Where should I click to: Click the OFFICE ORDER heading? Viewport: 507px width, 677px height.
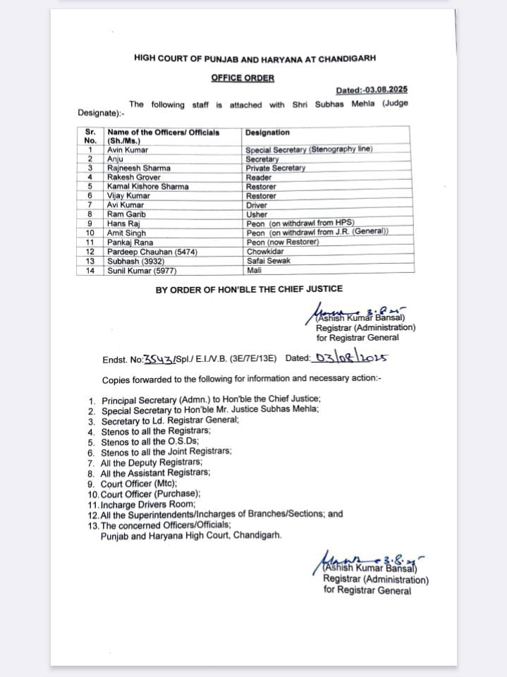coord(243,78)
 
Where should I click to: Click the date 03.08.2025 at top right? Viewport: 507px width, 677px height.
coord(372,90)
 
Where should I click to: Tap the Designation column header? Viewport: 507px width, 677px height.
coord(267,132)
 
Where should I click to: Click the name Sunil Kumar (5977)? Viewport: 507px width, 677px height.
coord(141,269)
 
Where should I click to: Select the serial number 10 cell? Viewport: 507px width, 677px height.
coord(90,232)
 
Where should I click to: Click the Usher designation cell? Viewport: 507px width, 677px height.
coord(257,214)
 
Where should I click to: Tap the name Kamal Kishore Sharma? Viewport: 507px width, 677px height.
coord(147,186)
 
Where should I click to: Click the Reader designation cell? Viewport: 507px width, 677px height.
coord(259,177)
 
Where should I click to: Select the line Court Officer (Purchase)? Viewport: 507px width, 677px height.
coord(150,494)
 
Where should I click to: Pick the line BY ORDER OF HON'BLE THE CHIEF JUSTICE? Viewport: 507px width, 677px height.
coord(249,289)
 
